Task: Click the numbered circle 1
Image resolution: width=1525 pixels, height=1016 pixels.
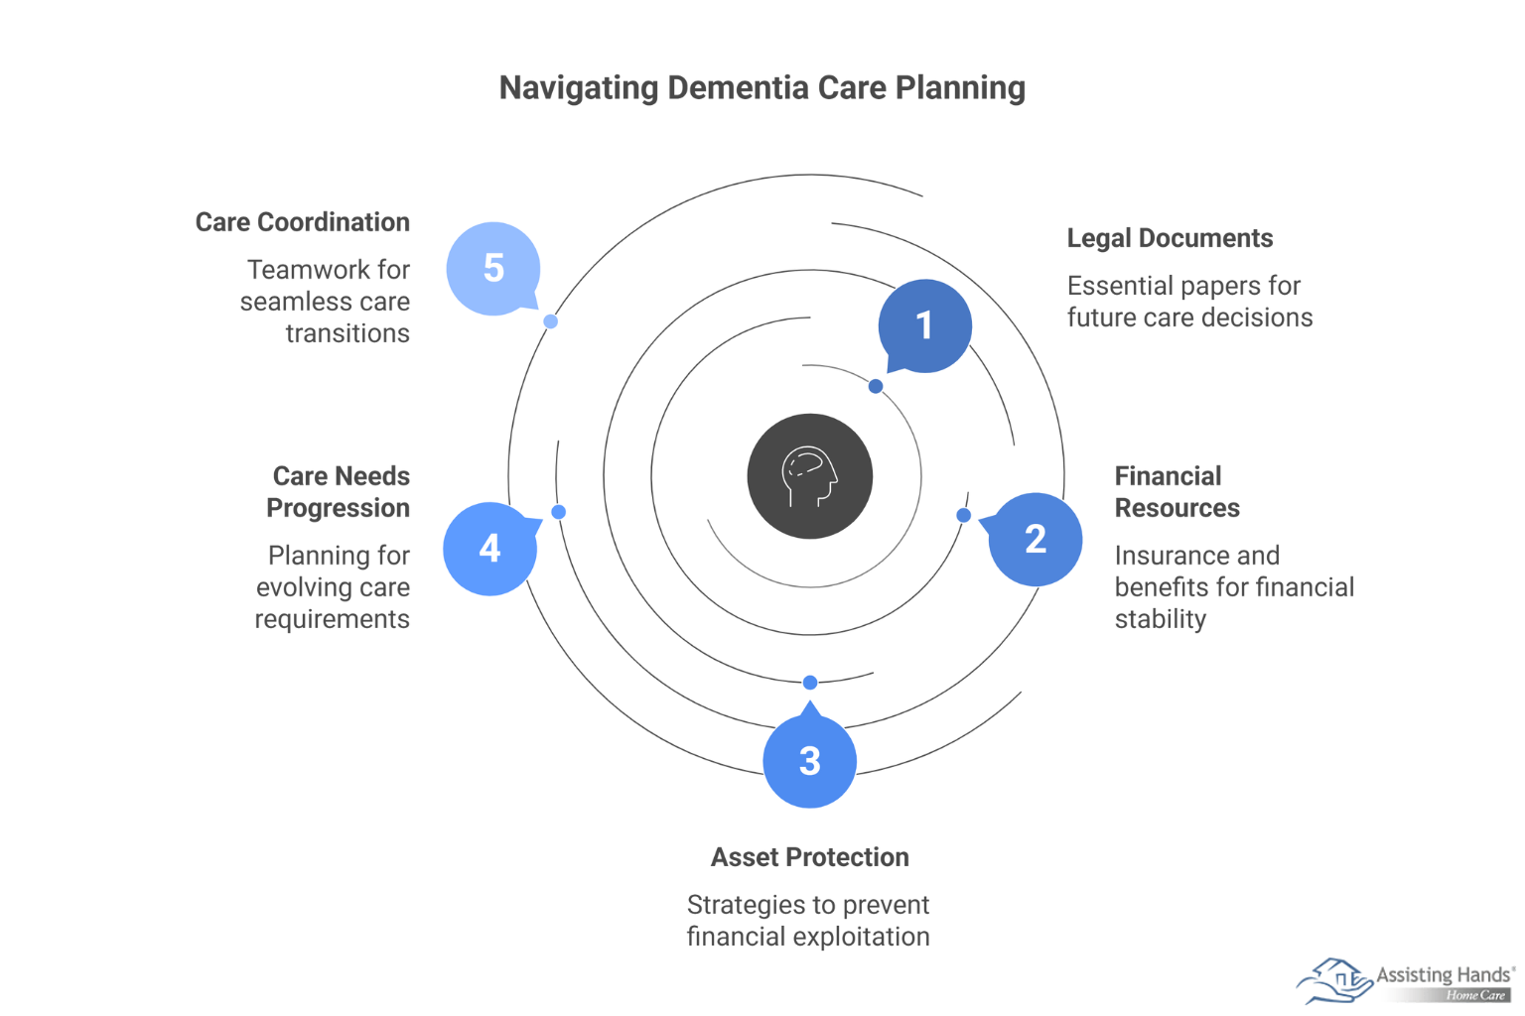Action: [924, 325]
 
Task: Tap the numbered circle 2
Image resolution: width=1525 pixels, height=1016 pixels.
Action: [1036, 540]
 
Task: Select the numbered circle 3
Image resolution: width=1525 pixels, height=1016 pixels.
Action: [810, 761]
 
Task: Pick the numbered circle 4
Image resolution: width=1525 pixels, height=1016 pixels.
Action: [489, 549]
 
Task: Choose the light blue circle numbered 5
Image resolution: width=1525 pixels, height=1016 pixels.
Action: [493, 268]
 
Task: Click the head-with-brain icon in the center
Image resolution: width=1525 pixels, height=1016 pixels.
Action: [810, 476]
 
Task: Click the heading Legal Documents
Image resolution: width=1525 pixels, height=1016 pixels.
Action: [1170, 238]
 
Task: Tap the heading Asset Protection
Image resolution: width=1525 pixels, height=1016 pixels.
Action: [810, 857]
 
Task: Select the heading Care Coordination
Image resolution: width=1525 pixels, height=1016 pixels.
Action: [302, 222]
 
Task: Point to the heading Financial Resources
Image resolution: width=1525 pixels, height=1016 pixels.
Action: [1177, 492]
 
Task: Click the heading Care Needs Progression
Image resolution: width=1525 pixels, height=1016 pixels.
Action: [339, 492]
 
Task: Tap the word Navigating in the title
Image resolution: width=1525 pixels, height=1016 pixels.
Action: [579, 87]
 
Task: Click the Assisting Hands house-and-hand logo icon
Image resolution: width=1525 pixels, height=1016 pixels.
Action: [1333, 980]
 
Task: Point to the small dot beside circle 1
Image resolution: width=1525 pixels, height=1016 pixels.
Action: [876, 386]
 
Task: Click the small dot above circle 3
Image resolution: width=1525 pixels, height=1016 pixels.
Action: [810, 683]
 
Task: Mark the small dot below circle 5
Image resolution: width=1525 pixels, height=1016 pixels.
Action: [550, 321]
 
